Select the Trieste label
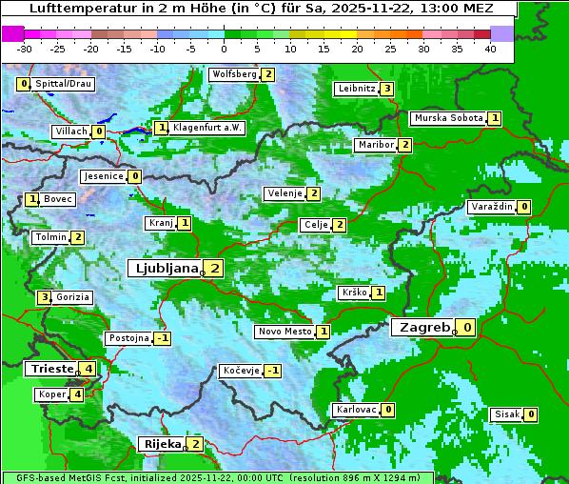click(x=50, y=369)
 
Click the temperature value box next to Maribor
click(x=405, y=145)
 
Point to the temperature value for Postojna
click(x=163, y=338)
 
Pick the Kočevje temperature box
click(x=273, y=371)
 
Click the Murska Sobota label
click(x=447, y=118)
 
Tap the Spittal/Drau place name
click(x=63, y=84)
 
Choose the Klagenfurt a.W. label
click(x=207, y=128)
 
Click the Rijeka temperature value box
click(x=195, y=444)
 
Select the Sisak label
click(x=505, y=414)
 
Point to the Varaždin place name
click(x=492, y=207)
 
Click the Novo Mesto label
click(x=284, y=332)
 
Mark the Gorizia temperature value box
click(x=43, y=297)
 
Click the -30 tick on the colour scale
click(x=25, y=48)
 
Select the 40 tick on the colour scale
click(x=490, y=48)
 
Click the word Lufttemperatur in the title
click(x=74, y=8)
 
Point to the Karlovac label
click(x=357, y=410)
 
